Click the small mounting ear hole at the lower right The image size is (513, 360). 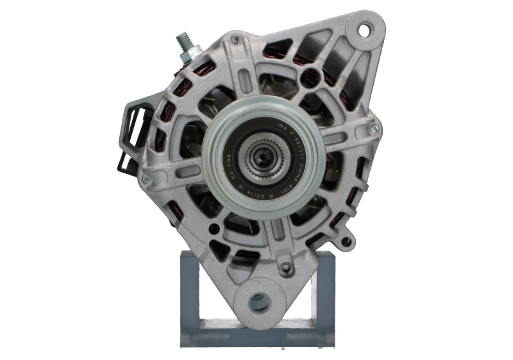(x=347, y=243)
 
